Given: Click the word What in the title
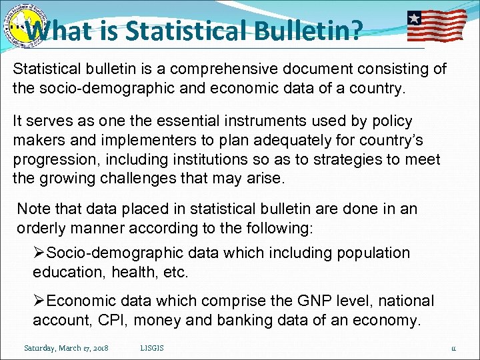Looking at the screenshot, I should (64, 30).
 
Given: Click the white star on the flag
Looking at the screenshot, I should (415, 18).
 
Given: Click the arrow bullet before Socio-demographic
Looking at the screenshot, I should (40, 253).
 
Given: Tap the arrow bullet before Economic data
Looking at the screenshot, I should (40, 301).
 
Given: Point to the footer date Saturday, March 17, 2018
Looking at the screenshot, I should (67, 348).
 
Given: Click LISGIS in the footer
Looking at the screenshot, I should (153, 348).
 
